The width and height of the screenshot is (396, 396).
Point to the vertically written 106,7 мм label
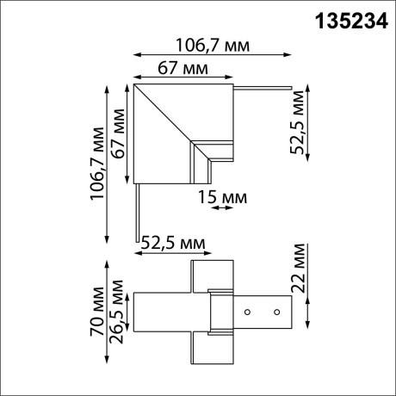click(96, 163)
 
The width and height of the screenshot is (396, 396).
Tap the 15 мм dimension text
click(223, 198)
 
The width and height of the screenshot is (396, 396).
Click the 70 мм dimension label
click(96, 319)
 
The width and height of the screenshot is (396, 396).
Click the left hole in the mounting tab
click(247, 310)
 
